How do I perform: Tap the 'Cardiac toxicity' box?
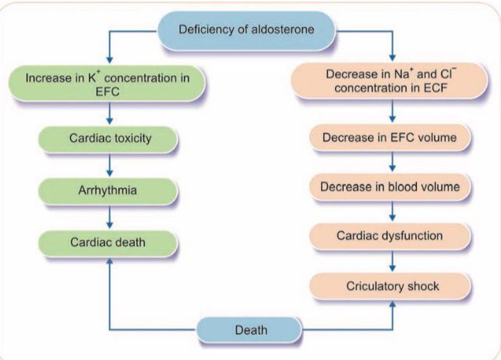tap(110, 138)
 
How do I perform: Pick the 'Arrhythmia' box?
tap(110, 189)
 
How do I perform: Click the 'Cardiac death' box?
tap(110, 240)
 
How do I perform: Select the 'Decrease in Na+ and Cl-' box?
tap(391, 82)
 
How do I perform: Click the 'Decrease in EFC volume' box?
tap(392, 136)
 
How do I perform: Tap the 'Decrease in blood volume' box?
tap(392, 187)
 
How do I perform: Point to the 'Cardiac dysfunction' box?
tap(392, 236)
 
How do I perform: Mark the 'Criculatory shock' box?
tap(392, 286)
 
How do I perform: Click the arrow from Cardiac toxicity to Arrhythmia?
tap(110, 163)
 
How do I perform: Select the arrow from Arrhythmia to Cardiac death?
tap(110, 215)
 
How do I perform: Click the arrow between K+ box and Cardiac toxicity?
tap(110, 113)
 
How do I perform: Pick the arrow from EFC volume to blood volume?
tap(392, 162)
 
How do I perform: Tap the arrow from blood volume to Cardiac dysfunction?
tap(392, 212)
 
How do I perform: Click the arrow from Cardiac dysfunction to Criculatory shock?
tap(392, 261)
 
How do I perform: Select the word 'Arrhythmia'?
tap(110, 189)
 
